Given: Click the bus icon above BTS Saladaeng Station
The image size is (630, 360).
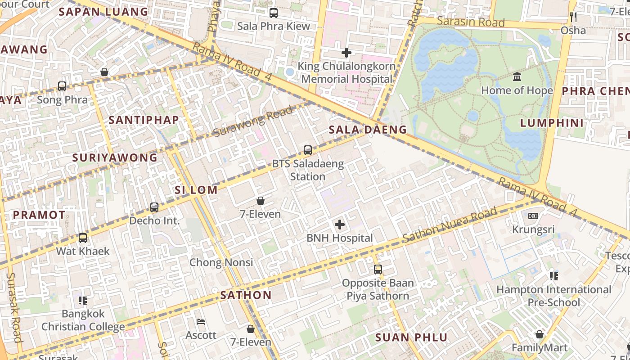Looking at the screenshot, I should (308, 150).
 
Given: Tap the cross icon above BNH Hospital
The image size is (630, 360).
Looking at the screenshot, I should (340, 225).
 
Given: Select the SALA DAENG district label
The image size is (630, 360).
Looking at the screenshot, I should (368, 130).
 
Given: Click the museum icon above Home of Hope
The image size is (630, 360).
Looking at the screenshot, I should (517, 77).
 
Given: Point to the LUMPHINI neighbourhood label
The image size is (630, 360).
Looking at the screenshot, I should (552, 123).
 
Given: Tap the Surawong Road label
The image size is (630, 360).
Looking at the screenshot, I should (252, 122).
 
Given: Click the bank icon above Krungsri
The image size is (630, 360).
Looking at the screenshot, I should (533, 216).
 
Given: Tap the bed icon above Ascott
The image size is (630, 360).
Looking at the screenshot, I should (201, 322).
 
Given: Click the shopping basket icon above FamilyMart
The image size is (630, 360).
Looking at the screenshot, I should (540, 334).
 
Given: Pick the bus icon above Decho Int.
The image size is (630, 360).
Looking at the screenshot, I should (154, 207).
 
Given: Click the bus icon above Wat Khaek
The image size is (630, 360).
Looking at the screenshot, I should (83, 238).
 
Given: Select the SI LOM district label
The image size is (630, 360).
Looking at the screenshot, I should (196, 190).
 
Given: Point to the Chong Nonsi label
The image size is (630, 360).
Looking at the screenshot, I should (221, 262).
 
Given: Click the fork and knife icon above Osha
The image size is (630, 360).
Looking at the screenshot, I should (573, 17).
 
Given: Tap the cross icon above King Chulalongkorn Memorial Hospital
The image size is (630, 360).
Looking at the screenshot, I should (346, 53).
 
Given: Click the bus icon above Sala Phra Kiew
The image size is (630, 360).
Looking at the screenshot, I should (274, 13).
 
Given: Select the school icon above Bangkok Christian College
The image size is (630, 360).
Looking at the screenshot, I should (83, 300).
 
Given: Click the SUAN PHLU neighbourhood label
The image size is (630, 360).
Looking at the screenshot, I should (411, 337).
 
